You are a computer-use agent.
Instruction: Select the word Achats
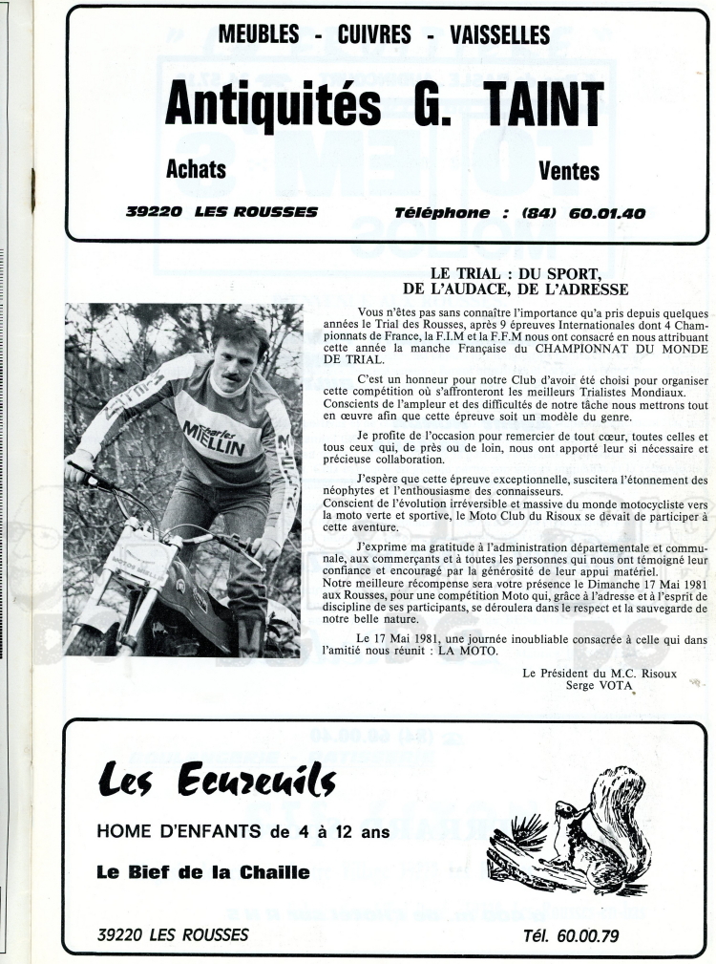tap(196, 170)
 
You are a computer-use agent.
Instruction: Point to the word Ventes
tap(569, 171)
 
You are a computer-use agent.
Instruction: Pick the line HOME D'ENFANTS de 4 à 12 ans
tap(243, 831)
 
